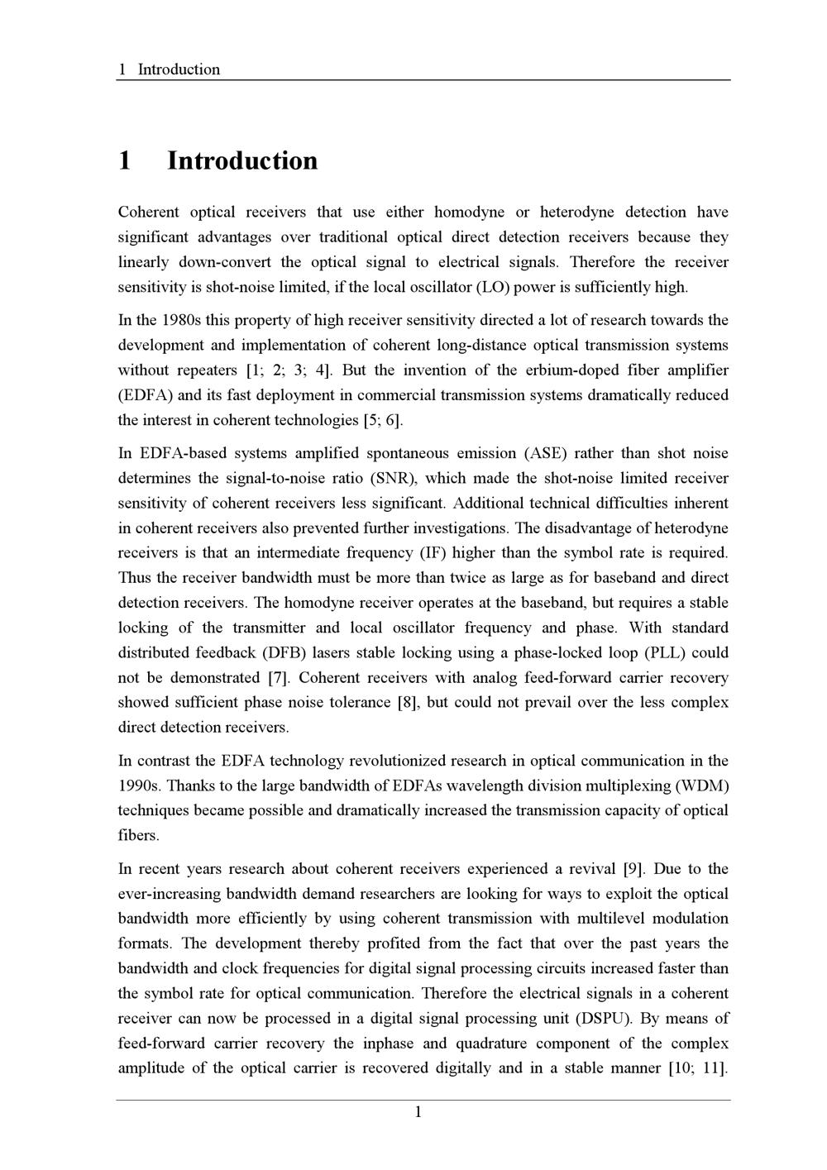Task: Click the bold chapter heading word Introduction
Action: [x=242, y=160]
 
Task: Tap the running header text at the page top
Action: [x=170, y=69]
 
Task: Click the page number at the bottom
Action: [x=418, y=1112]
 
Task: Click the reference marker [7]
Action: [x=277, y=678]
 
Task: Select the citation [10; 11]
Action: [x=697, y=1067]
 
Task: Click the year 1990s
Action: [x=139, y=786]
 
